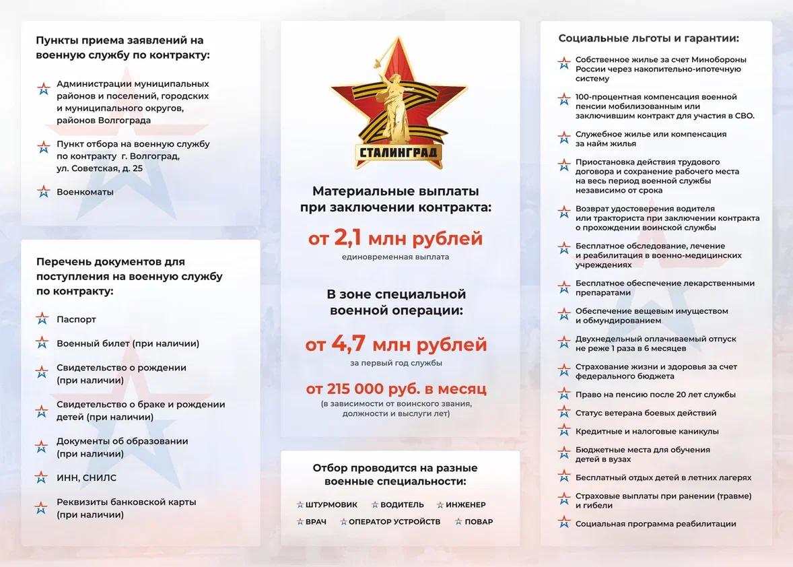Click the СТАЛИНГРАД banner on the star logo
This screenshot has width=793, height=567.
(398, 153)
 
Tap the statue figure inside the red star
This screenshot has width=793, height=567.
(398, 101)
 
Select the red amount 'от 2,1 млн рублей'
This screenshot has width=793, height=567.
(395, 238)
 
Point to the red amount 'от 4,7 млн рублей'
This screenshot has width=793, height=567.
(396, 345)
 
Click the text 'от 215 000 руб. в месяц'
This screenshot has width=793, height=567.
(396, 389)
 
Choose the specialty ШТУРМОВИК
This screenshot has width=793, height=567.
(331, 504)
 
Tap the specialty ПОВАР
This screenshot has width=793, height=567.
(478, 522)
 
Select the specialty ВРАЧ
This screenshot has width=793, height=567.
(316, 522)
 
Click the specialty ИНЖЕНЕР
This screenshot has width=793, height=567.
(465, 504)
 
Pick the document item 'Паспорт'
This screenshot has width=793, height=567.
(76, 319)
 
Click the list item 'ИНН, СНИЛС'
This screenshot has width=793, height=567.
(86, 477)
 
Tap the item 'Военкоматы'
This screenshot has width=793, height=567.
(85, 192)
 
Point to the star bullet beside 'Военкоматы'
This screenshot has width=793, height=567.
(44, 192)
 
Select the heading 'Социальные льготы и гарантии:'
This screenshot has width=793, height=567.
(648, 38)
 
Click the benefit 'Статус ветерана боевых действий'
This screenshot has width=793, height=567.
(646, 413)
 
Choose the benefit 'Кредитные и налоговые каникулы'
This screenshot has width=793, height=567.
(647, 431)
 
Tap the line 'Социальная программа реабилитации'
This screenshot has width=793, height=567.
(656, 523)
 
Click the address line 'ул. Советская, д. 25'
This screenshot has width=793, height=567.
(100, 168)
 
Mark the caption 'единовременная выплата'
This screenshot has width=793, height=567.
(395, 257)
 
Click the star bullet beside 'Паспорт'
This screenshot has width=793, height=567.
(42, 319)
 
